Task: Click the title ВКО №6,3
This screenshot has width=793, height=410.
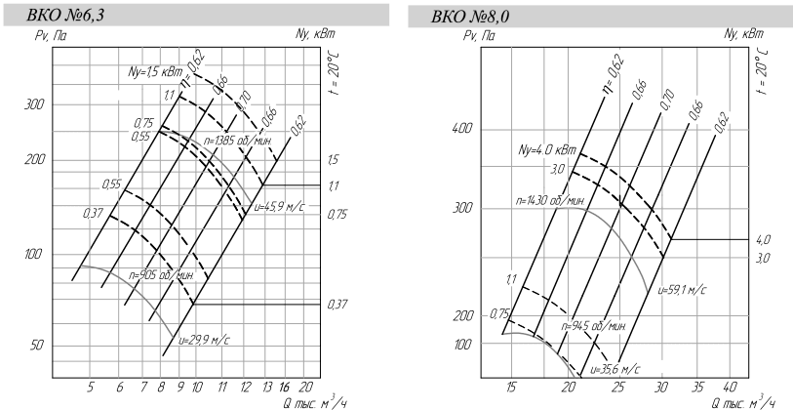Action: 65,16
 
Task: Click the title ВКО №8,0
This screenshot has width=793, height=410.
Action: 470,17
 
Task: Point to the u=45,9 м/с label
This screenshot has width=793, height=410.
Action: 279,207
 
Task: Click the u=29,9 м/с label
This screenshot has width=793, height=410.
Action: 204,340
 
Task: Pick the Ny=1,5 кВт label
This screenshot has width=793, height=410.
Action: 154,72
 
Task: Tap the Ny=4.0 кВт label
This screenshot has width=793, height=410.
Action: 547,149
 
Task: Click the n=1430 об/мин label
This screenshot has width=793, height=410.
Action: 550,200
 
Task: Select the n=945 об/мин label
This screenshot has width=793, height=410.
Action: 593,325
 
